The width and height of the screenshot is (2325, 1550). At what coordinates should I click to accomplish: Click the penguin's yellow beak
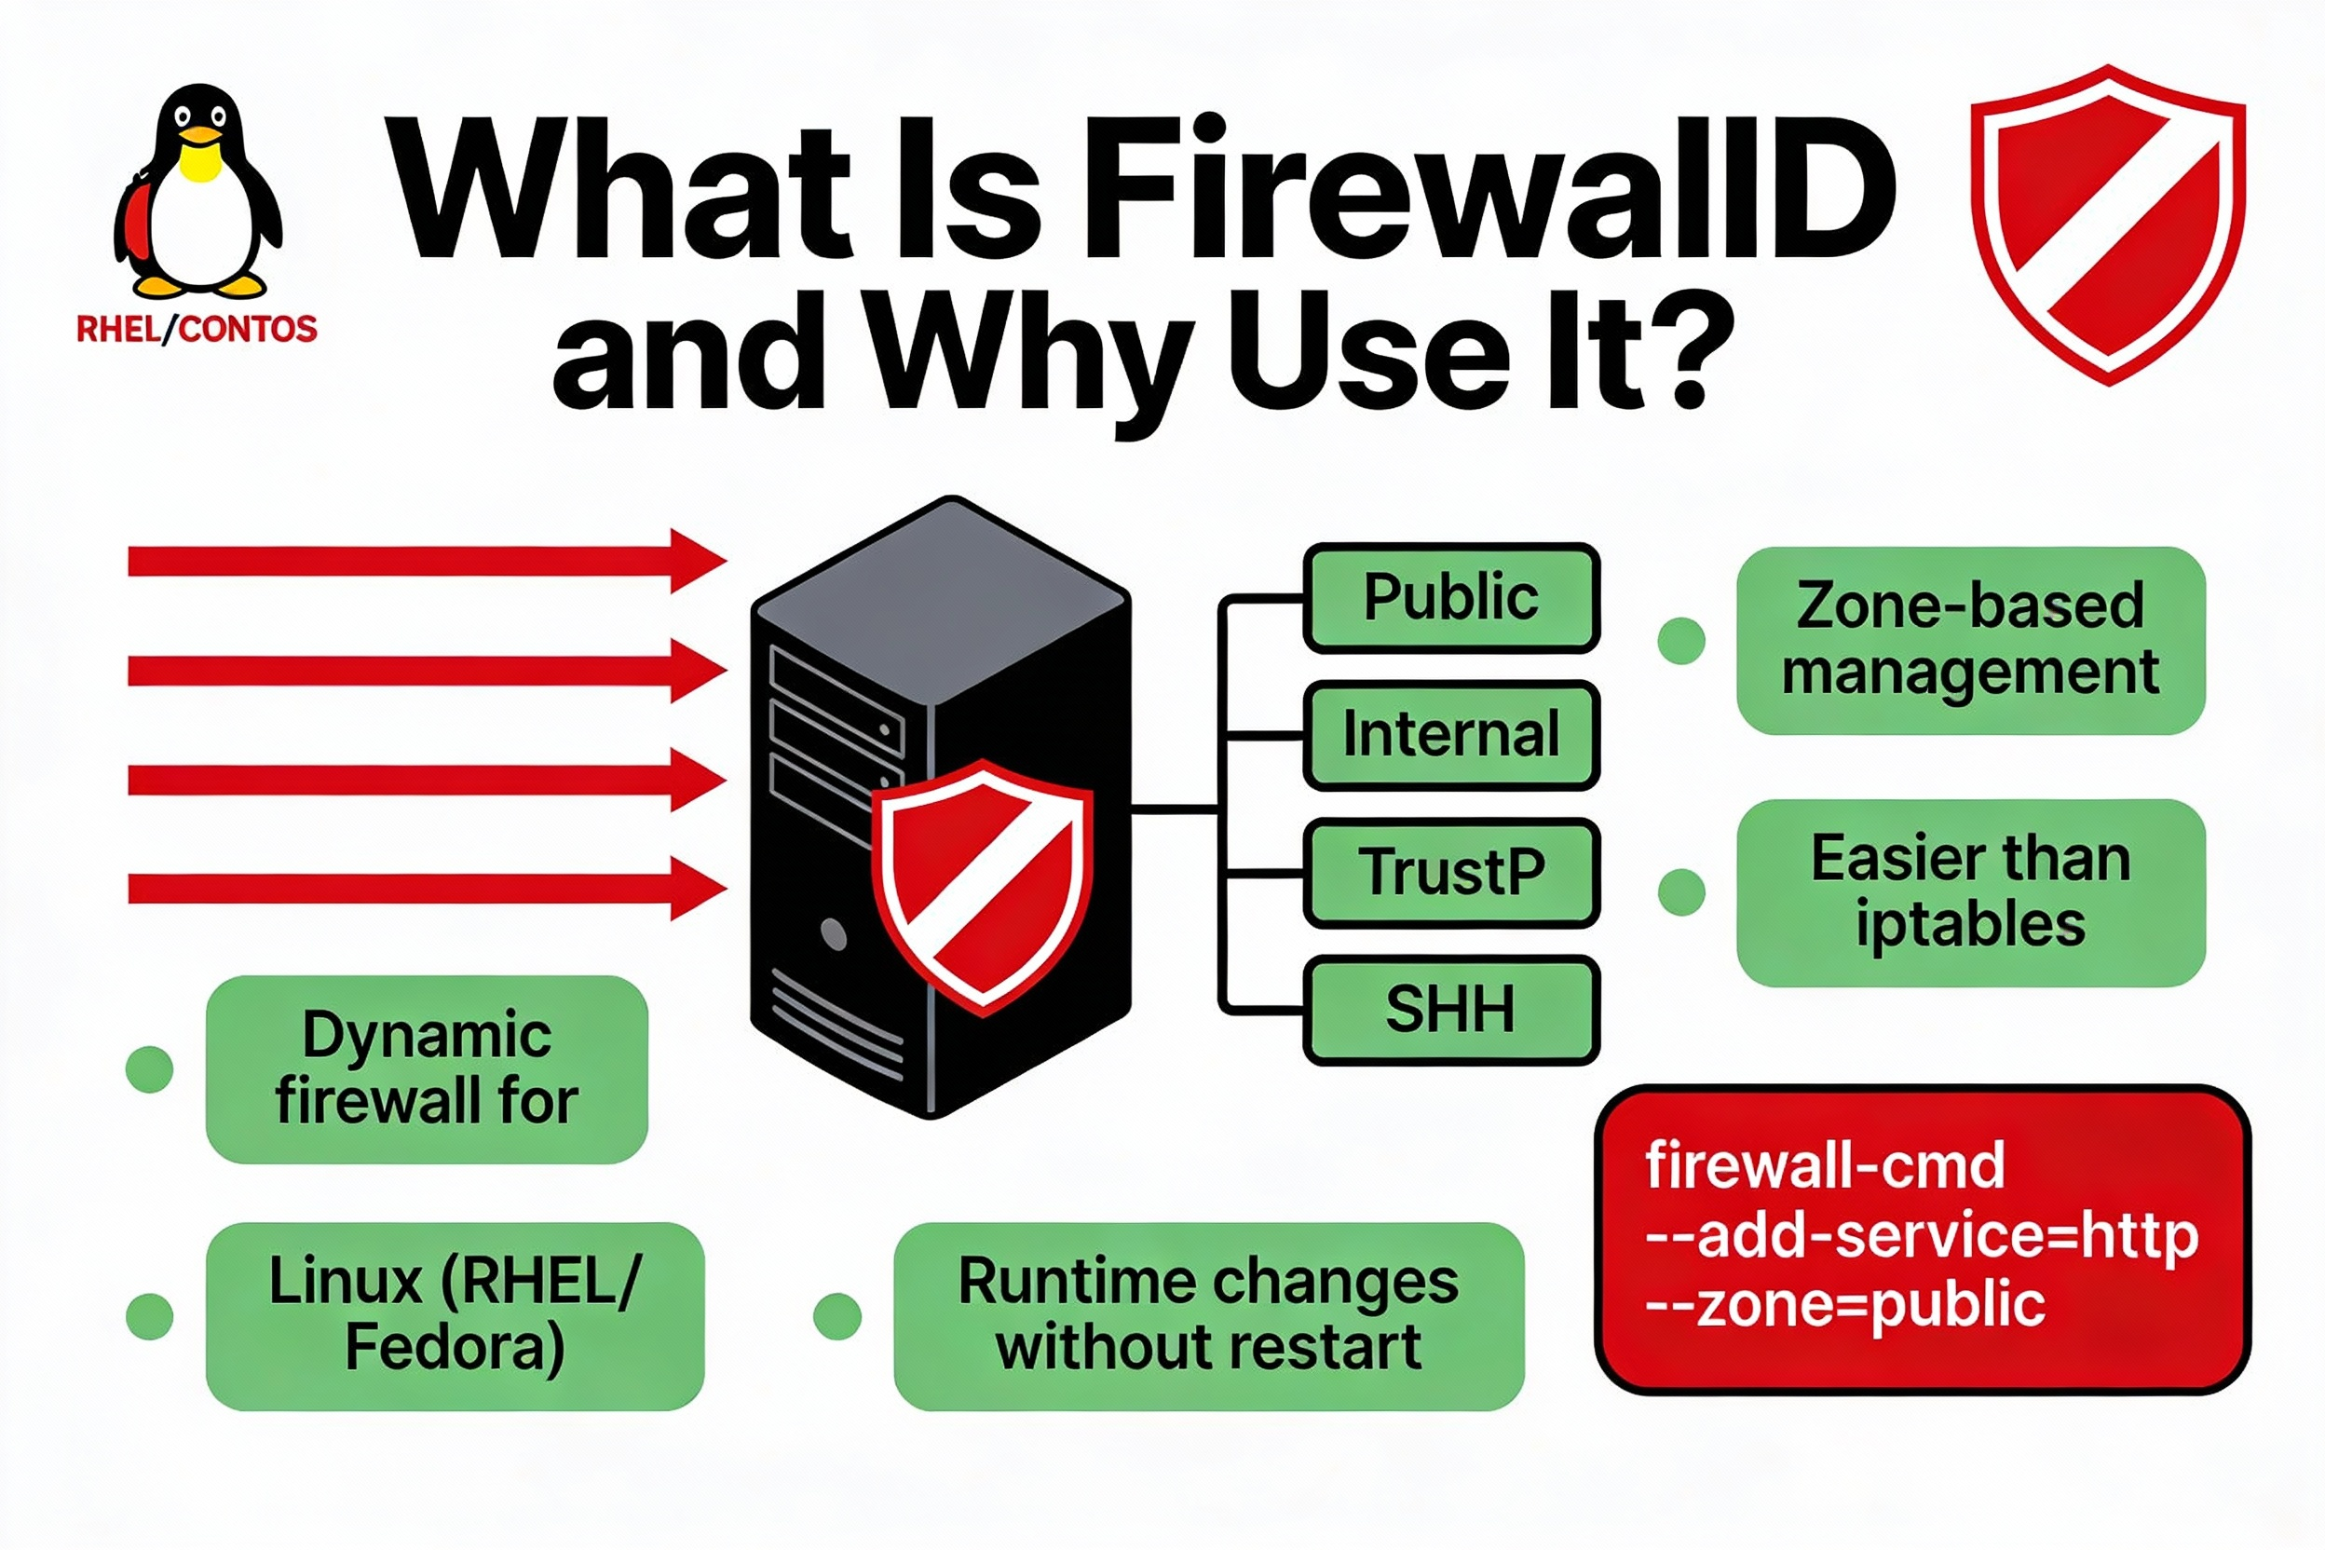(200, 134)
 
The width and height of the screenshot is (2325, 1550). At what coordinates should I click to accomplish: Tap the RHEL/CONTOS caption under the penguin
(197, 329)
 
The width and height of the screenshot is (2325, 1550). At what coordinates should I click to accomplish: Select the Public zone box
(1450, 597)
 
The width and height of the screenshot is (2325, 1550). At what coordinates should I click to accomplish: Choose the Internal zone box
(1450, 734)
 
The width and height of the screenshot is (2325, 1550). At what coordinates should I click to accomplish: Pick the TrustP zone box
(1450, 872)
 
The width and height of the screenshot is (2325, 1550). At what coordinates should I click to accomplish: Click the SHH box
(1450, 1010)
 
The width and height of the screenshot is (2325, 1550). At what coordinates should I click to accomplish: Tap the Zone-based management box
(1970, 640)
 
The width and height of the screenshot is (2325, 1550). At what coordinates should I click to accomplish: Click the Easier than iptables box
(1970, 891)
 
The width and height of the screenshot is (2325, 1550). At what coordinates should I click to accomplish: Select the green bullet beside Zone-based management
(1680, 641)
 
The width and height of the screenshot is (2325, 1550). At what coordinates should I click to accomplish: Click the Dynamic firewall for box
(426, 1068)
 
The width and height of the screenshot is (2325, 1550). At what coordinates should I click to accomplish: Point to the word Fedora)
(455, 1347)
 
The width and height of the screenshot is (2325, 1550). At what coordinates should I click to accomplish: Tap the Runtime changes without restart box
(1208, 1315)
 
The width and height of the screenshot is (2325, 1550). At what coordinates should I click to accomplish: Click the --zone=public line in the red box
(1844, 1305)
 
